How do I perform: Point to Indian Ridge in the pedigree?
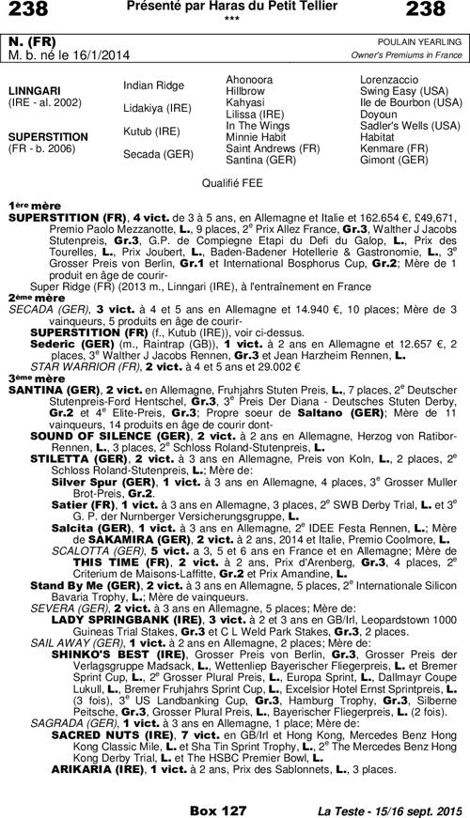[x=154, y=85]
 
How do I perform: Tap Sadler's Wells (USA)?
[x=410, y=125]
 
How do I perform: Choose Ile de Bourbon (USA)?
[x=411, y=102]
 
